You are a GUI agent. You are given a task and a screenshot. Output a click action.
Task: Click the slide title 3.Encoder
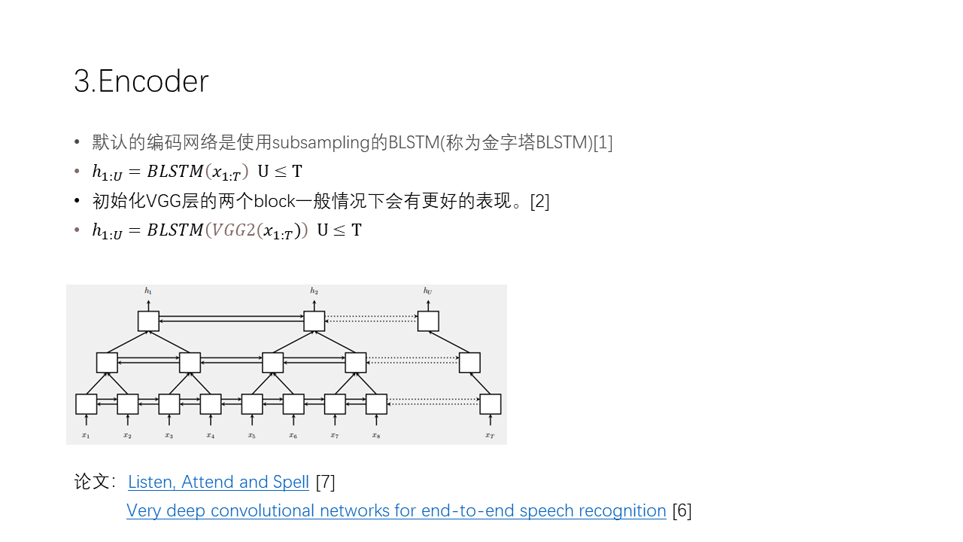pos(141,81)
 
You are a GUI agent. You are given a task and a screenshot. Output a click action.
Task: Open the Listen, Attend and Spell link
pos(218,482)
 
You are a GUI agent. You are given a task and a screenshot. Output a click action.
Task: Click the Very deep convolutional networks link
pos(396,510)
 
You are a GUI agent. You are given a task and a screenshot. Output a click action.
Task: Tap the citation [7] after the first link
pos(326,482)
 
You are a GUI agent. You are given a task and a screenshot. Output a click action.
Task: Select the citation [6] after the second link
pos(682,510)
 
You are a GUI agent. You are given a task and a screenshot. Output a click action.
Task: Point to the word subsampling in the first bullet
pos(321,142)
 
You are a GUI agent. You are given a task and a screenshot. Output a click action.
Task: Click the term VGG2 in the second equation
pos(234,230)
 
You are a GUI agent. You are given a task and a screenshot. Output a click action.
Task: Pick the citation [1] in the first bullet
pos(603,142)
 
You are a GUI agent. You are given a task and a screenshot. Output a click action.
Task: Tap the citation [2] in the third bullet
pos(540,201)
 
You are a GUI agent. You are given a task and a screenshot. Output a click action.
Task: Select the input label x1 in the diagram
pos(86,436)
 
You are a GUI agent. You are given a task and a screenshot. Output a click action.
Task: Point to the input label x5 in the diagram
pos(252,436)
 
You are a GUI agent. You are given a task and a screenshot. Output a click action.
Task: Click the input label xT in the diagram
pos(490,436)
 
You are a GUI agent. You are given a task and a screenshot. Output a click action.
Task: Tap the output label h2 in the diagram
pos(314,291)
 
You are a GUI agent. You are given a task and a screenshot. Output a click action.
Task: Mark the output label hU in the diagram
pos(428,291)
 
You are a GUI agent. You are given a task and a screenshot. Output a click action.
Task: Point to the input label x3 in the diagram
pos(169,436)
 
